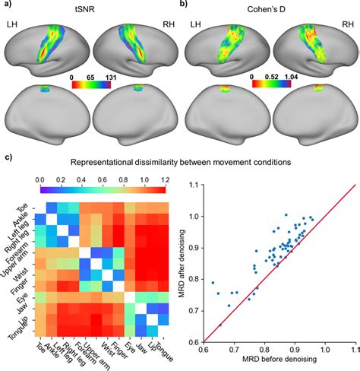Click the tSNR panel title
click(90, 11)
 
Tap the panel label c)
click(8, 158)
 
